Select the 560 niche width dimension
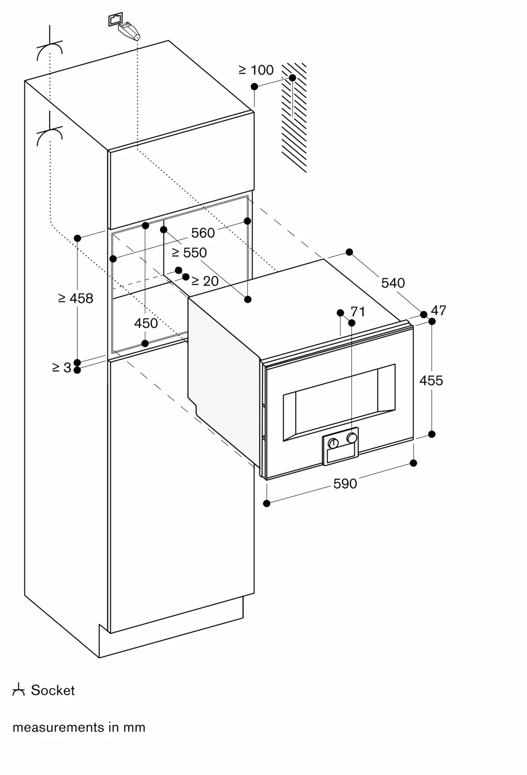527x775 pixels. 203,233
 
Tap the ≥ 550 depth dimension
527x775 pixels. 189,253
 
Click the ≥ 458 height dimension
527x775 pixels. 76,298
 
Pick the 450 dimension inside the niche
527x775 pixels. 146,323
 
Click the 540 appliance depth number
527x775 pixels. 393,283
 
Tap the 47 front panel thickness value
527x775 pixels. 439,310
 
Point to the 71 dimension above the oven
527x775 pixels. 358,312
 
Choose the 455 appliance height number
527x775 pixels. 431,381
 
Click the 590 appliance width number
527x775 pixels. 345,484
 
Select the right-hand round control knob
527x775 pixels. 352,438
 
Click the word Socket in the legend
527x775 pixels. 53,690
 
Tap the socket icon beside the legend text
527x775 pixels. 18,691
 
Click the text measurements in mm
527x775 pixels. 79,727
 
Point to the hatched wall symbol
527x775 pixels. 294,116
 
